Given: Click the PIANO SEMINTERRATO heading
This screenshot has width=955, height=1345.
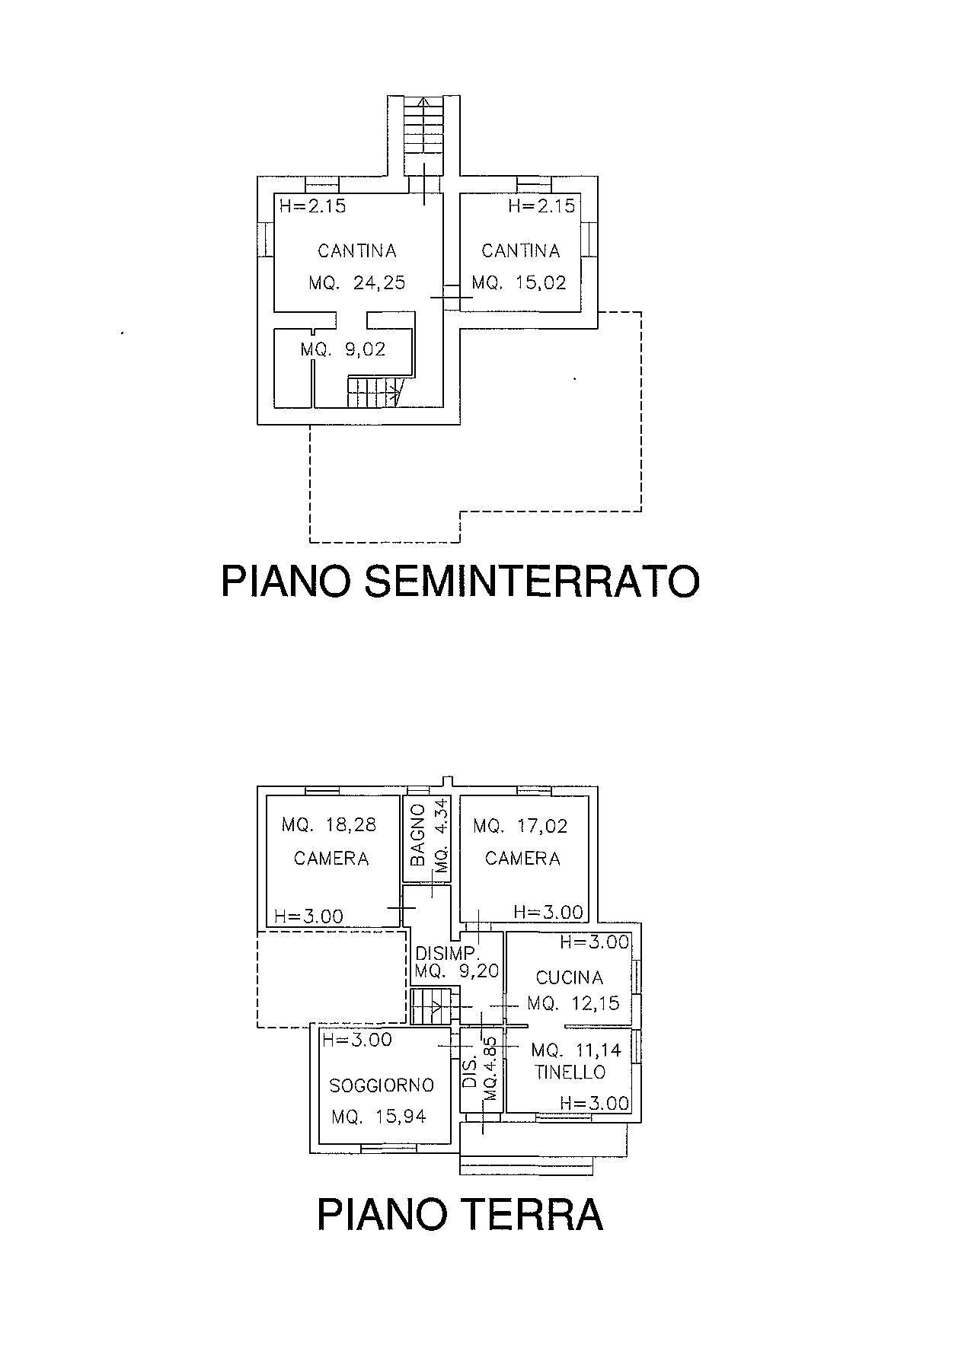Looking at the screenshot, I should click(460, 582).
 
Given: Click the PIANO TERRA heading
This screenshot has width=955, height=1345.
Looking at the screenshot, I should click(460, 1213).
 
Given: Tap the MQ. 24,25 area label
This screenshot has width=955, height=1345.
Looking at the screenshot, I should click(357, 283).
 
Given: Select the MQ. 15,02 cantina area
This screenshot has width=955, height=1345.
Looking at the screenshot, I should click(519, 283).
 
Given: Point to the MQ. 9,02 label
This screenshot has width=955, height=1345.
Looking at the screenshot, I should click(343, 349).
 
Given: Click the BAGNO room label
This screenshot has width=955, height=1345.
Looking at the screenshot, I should click(417, 835).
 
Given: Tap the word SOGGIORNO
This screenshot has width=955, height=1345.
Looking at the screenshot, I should click(382, 1085).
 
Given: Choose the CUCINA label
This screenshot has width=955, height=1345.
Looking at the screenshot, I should click(570, 977).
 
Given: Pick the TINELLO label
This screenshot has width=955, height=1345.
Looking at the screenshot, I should click(570, 1072).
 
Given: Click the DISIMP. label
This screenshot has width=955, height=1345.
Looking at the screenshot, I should click(447, 953).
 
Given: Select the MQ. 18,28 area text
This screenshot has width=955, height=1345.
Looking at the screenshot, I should click(329, 825).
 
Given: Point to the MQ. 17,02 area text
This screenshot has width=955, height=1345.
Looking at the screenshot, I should click(520, 826).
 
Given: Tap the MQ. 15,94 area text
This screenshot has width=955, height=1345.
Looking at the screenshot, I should click(378, 1117).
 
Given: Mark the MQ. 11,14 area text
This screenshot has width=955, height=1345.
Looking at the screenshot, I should click(577, 1051).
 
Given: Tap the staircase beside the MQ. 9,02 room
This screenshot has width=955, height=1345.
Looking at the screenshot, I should click(373, 393).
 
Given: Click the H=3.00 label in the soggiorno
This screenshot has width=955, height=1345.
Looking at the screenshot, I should click(357, 1040).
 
